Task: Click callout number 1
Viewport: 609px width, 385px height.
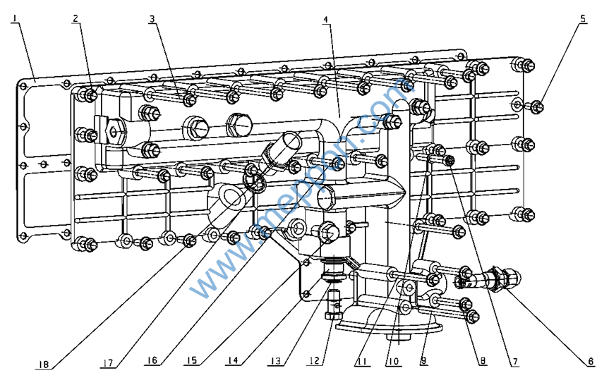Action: [x=15, y=20]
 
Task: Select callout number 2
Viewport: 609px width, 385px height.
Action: [x=76, y=19]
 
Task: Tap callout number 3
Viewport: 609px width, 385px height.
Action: [x=152, y=19]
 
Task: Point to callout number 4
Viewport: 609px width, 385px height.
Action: [x=325, y=20]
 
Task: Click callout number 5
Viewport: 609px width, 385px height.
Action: [x=584, y=19]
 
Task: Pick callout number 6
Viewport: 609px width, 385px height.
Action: [x=590, y=362]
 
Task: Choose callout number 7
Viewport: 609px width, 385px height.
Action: [x=515, y=362]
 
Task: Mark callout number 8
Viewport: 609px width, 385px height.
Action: [x=483, y=362]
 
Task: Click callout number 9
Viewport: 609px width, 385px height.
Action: [x=423, y=362]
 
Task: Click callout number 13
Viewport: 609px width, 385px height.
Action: [x=277, y=362]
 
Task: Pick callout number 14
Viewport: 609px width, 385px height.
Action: [x=233, y=362]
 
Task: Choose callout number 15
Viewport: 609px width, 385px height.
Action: [x=191, y=362]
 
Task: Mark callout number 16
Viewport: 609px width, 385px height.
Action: [x=151, y=362]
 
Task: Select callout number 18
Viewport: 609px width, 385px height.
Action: [x=44, y=364]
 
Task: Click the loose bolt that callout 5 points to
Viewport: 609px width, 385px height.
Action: [x=537, y=106]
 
